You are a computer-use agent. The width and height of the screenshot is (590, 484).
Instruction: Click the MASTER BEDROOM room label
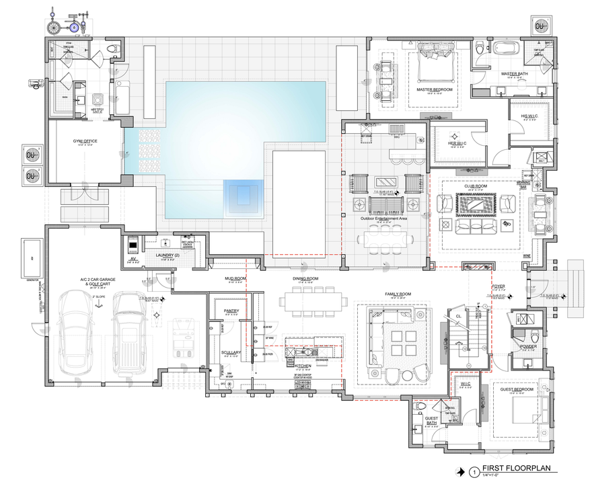coord(434,89)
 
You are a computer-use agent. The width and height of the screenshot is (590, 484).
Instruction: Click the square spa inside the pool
coord(241,195)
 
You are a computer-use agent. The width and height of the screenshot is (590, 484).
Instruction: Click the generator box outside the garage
coord(32,255)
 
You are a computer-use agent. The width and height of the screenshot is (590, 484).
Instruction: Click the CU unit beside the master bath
coord(540,27)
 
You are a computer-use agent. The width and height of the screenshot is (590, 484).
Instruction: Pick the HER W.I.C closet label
coord(457,143)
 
